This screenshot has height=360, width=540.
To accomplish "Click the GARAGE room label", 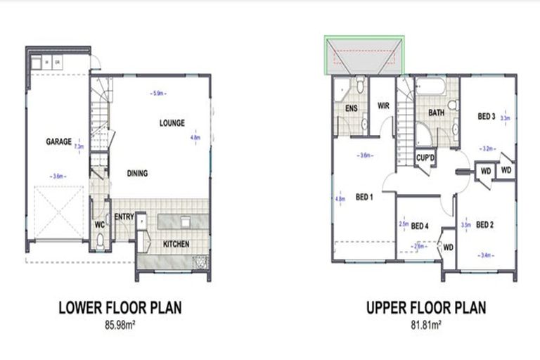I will pos(58,141).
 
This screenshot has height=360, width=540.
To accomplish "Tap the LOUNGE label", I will pos(172,123).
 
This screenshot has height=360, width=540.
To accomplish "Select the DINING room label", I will pos(138,173).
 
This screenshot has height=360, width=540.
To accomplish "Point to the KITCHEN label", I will pos(176,243).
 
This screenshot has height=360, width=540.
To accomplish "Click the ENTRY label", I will pos(124,217).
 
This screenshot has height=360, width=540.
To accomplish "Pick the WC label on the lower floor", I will pos(100,225).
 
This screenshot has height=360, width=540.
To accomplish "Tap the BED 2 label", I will pos(485,225).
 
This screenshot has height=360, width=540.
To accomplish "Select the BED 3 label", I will pos(487,116).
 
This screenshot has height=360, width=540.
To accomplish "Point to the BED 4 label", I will pos(420,226).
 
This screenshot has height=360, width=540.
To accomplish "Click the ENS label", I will pos(352,108).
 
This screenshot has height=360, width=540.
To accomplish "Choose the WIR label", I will pos(383,105).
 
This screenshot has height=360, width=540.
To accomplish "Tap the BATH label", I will pos(435,112).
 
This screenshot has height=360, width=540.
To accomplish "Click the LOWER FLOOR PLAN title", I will pos(120,307).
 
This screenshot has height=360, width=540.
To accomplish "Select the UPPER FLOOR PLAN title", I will pos(425,307).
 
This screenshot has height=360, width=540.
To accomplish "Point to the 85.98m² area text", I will pos(120,325).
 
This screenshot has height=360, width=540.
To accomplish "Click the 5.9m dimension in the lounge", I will pos(157,92).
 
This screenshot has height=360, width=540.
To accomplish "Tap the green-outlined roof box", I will pos(364,56).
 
